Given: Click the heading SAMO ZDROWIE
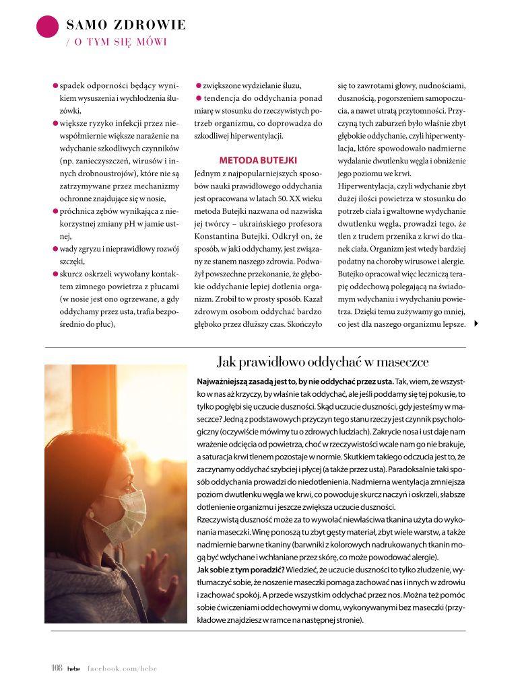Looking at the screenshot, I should (126, 26).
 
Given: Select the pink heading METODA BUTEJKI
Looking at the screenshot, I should (258, 161).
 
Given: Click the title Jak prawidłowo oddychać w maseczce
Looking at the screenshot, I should (323, 361).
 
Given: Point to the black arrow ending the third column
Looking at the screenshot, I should (477, 323).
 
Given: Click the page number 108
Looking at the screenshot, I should (57, 668).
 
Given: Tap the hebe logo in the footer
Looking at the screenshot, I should (73, 669).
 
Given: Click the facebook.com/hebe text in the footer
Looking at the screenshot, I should (122, 669).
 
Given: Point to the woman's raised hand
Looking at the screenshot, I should (157, 573).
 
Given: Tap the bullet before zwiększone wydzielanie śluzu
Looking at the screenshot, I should (199, 86).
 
